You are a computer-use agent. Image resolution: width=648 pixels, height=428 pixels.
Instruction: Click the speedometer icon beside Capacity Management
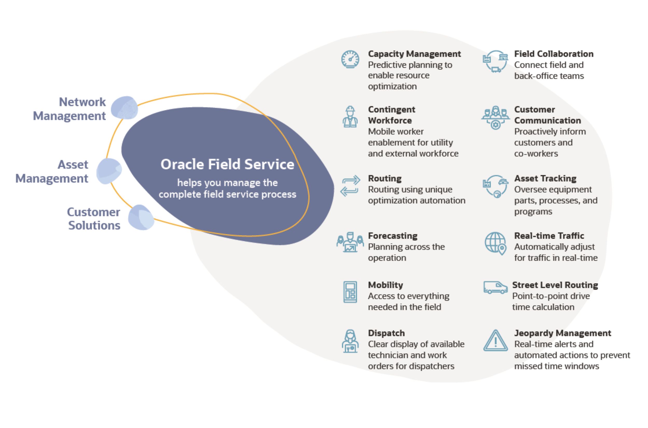point(350,59)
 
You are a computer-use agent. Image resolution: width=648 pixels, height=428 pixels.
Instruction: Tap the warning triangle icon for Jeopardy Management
point(495,341)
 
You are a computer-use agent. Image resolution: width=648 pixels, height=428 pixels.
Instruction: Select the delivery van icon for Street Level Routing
point(495,288)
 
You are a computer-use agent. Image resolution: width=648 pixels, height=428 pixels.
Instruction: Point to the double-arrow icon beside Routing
point(350,186)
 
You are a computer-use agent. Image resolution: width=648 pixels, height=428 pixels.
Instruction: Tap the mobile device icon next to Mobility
point(350,292)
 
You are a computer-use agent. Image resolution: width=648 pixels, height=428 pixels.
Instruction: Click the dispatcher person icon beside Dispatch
point(350,341)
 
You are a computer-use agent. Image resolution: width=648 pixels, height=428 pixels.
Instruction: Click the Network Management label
point(69,109)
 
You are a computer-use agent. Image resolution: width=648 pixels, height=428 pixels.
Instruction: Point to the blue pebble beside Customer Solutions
point(141,218)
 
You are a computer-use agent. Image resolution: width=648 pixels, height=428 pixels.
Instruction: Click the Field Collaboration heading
point(554,54)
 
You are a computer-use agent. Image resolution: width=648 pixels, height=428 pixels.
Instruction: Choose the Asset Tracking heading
point(545,178)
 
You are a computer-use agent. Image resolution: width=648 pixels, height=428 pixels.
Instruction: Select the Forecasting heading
point(392,236)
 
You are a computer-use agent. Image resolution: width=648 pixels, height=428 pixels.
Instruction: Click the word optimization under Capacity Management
point(392,86)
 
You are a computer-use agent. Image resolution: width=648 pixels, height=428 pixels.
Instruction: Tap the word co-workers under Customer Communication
point(536,153)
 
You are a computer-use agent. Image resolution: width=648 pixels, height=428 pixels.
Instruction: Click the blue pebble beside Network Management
point(125,108)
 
